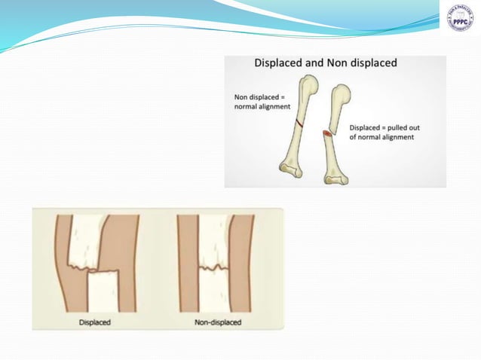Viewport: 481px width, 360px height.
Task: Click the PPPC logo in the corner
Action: tap(459, 18)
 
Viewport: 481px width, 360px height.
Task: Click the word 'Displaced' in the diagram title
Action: tap(280, 63)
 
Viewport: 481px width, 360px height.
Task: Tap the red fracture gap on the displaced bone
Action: tap(328, 134)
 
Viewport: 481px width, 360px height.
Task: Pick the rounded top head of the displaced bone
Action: tap(340, 96)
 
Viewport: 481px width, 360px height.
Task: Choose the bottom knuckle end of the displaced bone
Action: tap(334, 177)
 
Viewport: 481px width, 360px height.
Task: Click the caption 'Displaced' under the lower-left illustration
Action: tap(95, 322)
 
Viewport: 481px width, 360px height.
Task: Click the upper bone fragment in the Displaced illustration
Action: tap(86, 239)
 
